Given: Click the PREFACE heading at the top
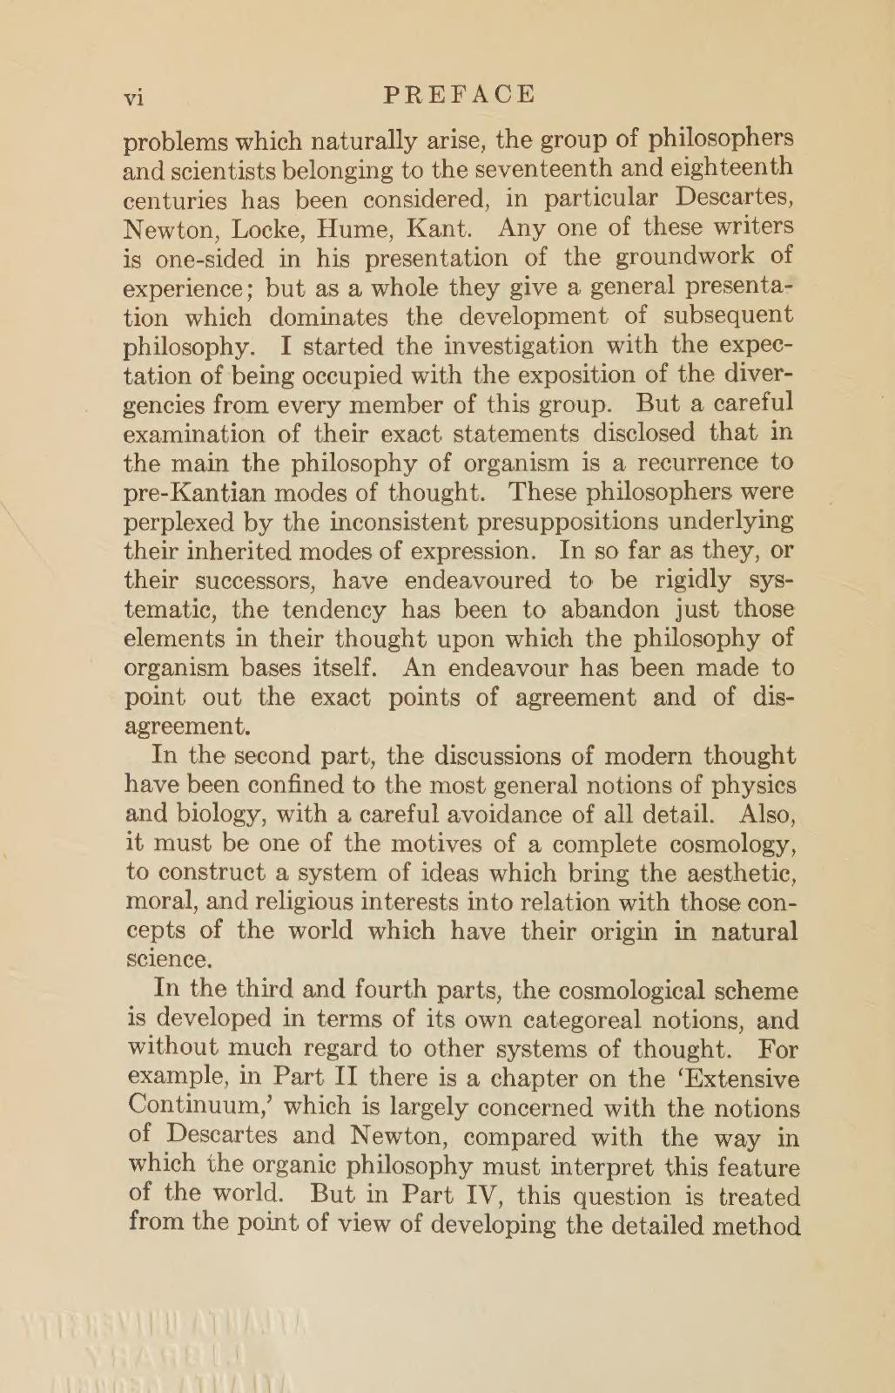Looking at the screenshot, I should [459, 94].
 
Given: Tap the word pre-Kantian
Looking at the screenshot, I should [196, 492].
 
